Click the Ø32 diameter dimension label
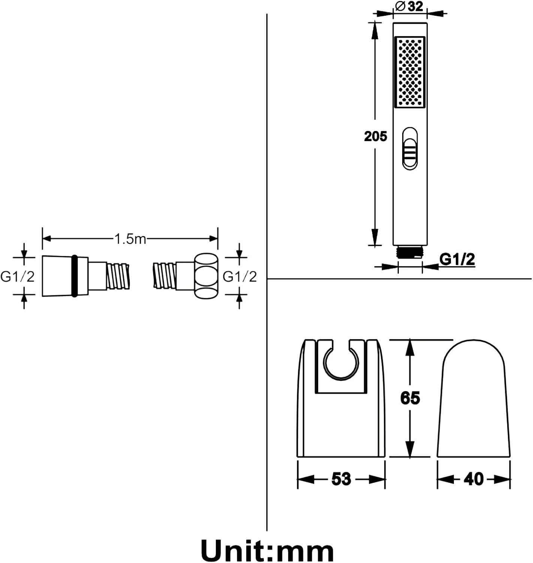[409, 6]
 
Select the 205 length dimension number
[375, 136]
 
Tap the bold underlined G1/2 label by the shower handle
[457, 259]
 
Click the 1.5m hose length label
[130, 239]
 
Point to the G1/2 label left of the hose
[17, 277]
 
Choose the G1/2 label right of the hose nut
[240, 277]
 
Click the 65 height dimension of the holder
[410, 398]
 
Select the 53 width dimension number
[341, 479]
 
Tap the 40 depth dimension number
[473, 479]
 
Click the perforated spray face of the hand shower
[410, 71]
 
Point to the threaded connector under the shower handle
[410, 252]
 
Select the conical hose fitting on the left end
[56, 276]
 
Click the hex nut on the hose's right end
[206, 276]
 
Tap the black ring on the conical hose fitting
[75, 276]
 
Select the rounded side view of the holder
[473, 400]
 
